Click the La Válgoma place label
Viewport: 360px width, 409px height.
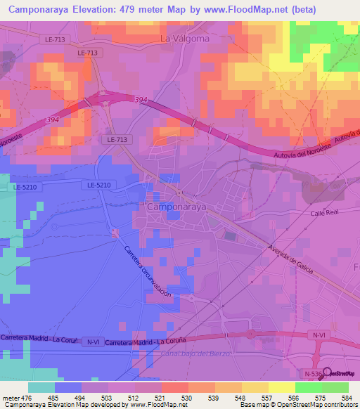pos(185,39)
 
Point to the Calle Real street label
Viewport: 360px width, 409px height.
pos(325,212)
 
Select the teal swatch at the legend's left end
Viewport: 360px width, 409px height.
pos(41,387)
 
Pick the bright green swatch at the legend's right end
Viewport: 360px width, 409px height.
pos(335,387)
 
